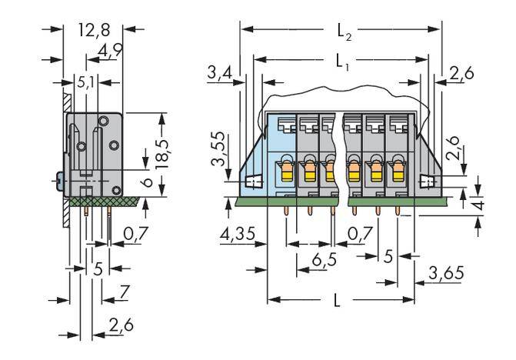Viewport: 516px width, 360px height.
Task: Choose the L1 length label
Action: point(342,60)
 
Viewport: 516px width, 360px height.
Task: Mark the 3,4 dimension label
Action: point(220,74)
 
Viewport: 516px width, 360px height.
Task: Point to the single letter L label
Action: point(338,302)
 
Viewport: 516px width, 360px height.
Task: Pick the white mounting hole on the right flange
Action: point(425,182)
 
